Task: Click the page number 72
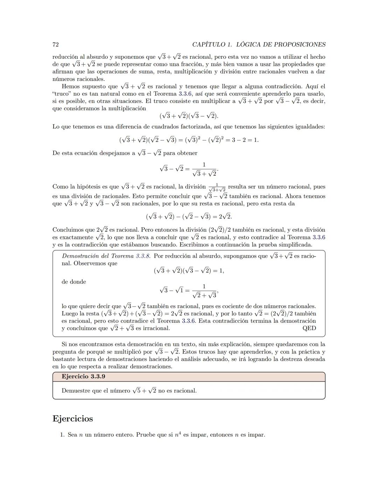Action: [55, 44]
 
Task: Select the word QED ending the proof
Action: [309, 328]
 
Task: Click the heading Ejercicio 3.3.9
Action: [83, 377]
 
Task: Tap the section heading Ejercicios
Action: [73, 419]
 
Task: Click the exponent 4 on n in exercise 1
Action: [180, 433]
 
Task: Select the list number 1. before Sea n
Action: [62, 435]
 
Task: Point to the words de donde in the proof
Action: [74, 282]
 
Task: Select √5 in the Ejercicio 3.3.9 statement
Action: [136, 390]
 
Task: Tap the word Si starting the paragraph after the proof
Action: [65, 344]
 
